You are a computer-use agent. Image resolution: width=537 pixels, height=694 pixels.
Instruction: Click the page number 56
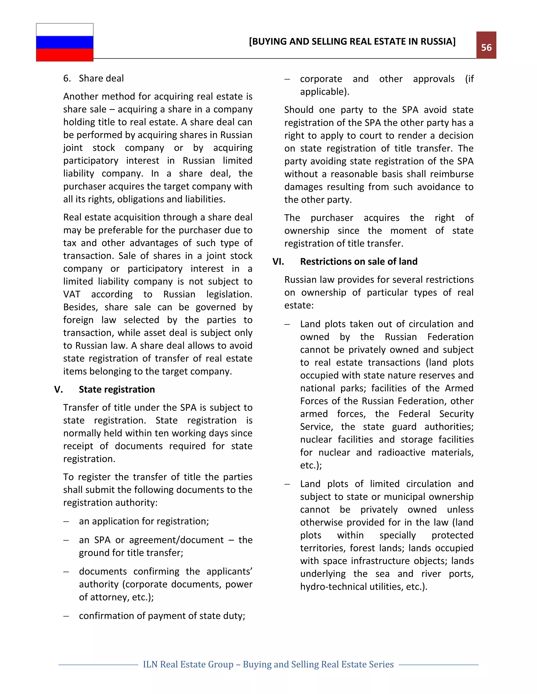coord(486,47)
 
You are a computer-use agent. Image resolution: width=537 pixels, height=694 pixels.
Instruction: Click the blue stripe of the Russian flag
coord(65,42)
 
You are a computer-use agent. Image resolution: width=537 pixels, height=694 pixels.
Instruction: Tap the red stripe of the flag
coord(65,55)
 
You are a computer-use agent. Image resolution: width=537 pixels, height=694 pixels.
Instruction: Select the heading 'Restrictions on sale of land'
coord(358,262)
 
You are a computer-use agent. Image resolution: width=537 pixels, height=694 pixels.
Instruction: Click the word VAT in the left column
coord(72,294)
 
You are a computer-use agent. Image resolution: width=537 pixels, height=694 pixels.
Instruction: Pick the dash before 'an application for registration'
coord(66,521)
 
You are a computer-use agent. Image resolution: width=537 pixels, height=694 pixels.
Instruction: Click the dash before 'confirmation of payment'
coord(66,616)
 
